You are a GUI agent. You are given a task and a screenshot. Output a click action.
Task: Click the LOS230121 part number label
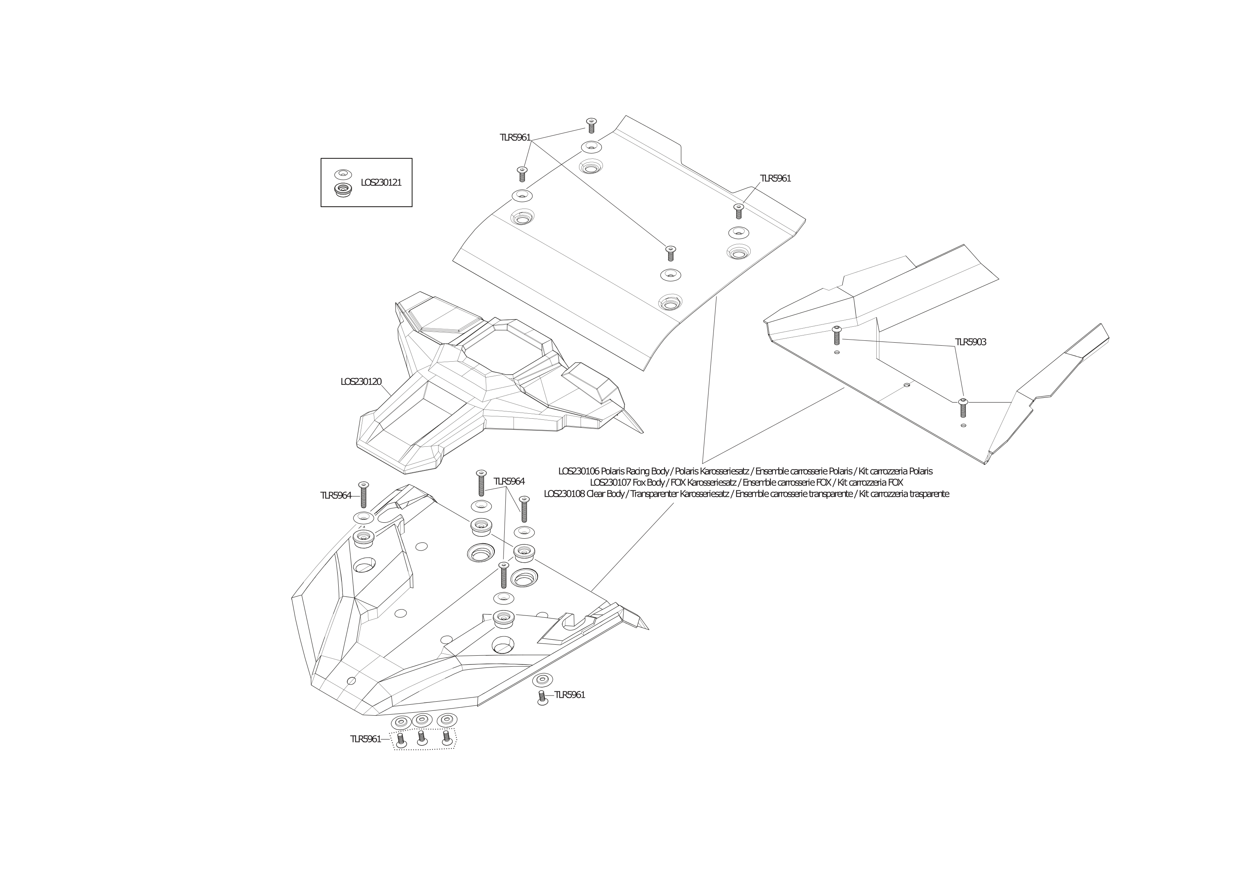(x=381, y=183)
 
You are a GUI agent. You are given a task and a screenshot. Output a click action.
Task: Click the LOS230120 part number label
(x=361, y=382)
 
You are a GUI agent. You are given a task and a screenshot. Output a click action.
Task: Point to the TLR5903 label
(x=970, y=342)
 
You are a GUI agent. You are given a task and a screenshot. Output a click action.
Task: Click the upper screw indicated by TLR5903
(x=837, y=336)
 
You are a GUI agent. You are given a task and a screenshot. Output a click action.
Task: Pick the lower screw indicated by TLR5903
(x=963, y=408)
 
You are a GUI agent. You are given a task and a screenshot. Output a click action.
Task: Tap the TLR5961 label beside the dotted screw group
(x=366, y=739)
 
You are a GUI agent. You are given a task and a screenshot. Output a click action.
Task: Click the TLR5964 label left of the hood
(x=336, y=496)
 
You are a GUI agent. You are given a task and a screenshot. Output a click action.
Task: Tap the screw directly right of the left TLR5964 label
(x=363, y=495)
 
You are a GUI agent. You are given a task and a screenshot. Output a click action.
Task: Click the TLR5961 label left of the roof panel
(x=515, y=138)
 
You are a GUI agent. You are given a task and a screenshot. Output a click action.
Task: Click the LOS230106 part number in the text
(x=578, y=471)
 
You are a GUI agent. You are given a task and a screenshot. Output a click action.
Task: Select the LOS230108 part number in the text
(x=564, y=494)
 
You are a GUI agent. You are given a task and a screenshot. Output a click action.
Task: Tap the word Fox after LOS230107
(x=641, y=482)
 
